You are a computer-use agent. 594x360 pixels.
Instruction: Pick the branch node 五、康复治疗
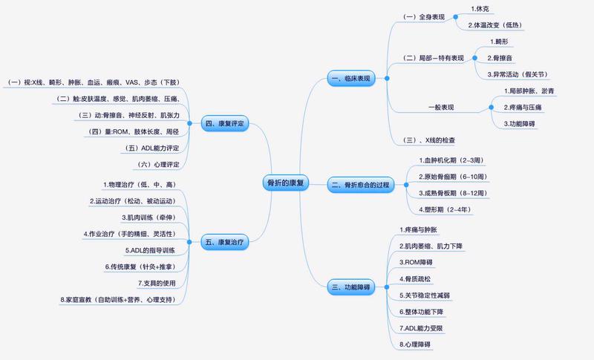click(224, 241)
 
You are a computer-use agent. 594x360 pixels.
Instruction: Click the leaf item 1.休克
click(481, 9)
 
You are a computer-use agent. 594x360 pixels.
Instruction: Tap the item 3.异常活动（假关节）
click(518, 74)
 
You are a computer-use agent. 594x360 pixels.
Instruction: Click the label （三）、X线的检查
click(428, 141)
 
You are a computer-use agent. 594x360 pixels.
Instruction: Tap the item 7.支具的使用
click(157, 284)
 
